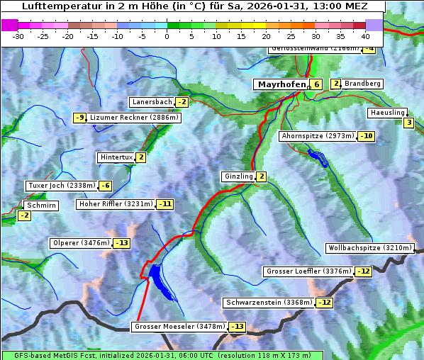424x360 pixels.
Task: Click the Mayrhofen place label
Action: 281,84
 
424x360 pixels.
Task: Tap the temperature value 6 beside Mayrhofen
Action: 316,84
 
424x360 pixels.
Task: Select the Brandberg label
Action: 362,84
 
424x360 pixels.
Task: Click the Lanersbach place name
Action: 152,102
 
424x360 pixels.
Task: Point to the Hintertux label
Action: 116,157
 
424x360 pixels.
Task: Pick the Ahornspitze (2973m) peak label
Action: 317,135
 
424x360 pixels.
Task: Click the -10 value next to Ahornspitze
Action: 366,136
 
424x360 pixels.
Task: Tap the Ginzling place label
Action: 238,176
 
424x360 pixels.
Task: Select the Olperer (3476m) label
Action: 81,243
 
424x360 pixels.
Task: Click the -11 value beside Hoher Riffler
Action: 164,204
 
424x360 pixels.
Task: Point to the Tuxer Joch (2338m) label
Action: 60,186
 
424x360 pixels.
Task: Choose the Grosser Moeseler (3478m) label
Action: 179,327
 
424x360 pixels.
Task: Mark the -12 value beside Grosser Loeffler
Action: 363,271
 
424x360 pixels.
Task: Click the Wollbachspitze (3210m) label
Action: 369,248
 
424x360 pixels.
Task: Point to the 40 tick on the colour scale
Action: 365,35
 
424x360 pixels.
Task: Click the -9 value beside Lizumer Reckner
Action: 79,118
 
